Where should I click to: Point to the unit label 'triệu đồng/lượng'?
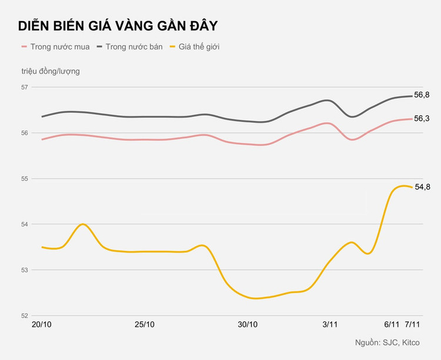(x=51, y=71)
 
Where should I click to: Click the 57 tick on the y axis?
(x=25, y=87)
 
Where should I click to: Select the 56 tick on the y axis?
(x=25, y=133)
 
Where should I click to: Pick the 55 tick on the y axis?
(x=25, y=178)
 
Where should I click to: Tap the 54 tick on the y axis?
(x=25, y=224)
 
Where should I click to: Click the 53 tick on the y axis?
(x=25, y=270)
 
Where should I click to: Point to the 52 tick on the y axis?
(x=25, y=315)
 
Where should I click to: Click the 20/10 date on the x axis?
(x=42, y=325)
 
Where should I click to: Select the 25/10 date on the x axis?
(x=145, y=325)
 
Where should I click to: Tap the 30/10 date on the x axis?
(x=248, y=325)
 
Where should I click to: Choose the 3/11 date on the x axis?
(x=330, y=325)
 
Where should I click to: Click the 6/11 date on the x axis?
(x=392, y=325)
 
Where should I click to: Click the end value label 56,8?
(x=422, y=95)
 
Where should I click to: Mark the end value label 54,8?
(x=423, y=187)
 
